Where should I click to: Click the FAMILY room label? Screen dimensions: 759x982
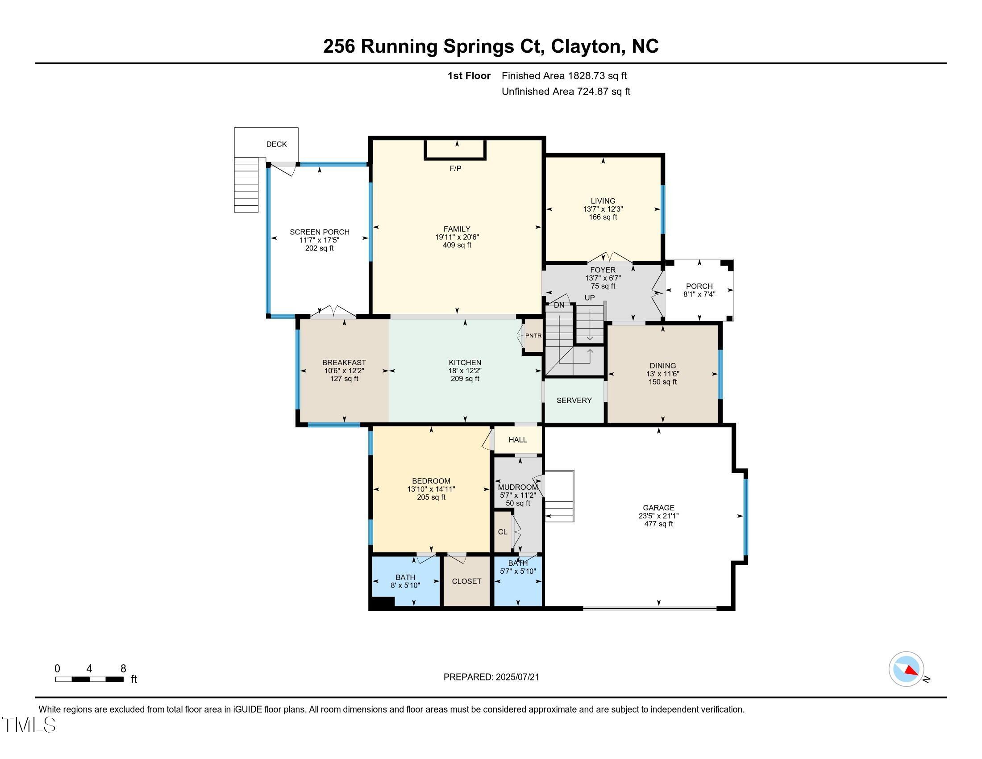[x=457, y=229]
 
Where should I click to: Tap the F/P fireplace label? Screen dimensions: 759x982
[x=455, y=169]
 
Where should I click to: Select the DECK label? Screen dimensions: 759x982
[x=276, y=144]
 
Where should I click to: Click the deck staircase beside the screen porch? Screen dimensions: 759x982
[x=246, y=184]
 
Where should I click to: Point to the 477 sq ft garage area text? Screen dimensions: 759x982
[x=658, y=524]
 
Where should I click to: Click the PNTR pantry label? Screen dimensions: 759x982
[x=533, y=335]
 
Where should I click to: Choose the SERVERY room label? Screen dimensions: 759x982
[x=574, y=400]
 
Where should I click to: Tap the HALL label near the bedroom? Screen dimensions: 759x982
[x=517, y=440]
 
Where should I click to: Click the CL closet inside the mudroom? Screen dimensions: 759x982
[x=502, y=532]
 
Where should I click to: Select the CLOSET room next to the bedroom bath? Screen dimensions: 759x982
[x=466, y=581]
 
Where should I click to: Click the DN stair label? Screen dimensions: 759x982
[x=559, y=305]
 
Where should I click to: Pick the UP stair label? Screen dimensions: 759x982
[x=590, y=298]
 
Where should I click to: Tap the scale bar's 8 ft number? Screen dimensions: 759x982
[x=123, y=669]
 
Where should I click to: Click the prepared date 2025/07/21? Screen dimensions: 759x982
[x=516, y=677]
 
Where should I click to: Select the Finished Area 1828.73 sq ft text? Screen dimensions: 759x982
[x=564, y=76]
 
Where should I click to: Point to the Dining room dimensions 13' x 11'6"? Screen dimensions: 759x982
[x=662, y=374]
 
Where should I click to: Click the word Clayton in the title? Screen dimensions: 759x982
[x=586, y=46]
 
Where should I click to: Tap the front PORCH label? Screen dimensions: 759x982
[x=699, y=286]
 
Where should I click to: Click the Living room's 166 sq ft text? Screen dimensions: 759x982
[x=603, y=217]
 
